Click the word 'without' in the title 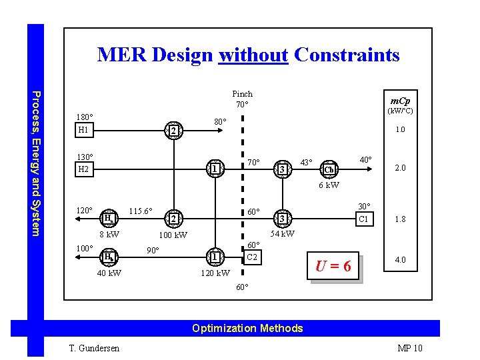pos(253,55)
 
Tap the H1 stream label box pos(84,130)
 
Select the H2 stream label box pos(84,170)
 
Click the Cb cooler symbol pos(329,169)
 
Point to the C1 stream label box pos(363,219)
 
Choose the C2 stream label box pos(252,257)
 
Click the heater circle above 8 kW pos(107,218)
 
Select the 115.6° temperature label pos(140,211)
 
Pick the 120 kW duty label pos(215,273)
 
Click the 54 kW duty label pos(283,233)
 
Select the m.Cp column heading pos(400,100)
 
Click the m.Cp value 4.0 pos(400,260)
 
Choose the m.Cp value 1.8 pos(400,219)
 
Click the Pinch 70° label pos(242,99)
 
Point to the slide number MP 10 pos(409,348)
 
